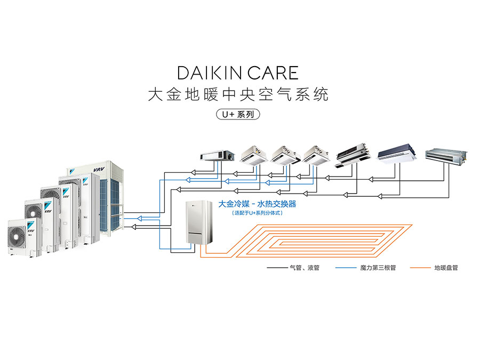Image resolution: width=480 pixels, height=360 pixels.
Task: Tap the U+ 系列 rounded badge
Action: tap(240, 114)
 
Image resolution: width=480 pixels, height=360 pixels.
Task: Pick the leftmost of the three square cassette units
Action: tap(254, 153)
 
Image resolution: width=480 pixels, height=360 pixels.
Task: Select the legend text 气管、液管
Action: tap(304, 268)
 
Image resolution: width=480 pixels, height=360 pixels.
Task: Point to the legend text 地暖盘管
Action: tap(446, 268)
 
